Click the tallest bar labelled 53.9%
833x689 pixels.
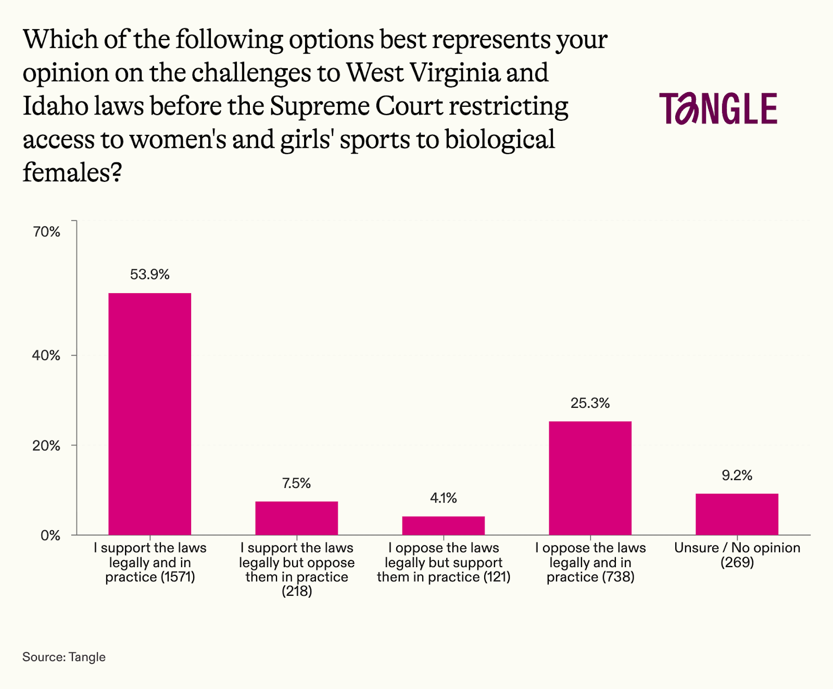click(149, 414)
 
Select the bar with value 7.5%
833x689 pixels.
click(296, 518)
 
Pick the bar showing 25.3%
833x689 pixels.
click(590, 478)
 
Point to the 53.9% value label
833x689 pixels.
click(149, 274)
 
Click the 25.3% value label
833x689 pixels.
click(590, 403)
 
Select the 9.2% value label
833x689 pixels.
click(737, 475)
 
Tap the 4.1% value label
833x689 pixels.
click(443, 498)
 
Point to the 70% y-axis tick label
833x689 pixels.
click(47, 232)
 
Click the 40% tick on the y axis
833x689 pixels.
click(47, 356)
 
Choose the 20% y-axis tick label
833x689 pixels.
click(47, 446)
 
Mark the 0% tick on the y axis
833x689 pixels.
click(51, 535)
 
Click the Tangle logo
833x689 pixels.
click(718, 108)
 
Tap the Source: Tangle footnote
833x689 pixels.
click(64, 657)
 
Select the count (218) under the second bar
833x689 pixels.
click(297, 592)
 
